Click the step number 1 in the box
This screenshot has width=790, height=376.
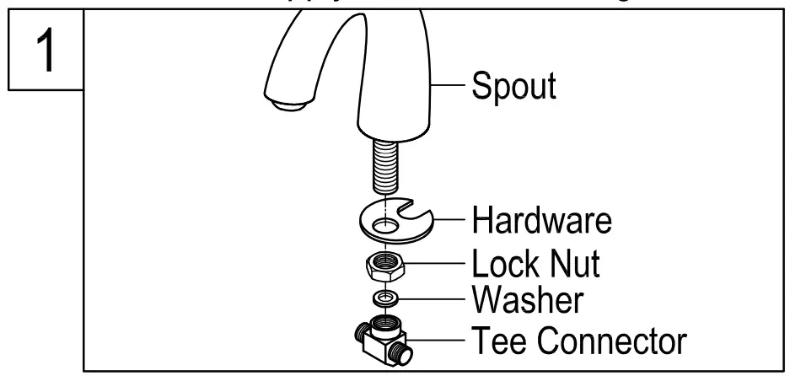pos(43,50)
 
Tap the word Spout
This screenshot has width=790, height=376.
pos(513,86)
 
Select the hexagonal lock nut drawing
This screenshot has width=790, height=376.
pos(387,266)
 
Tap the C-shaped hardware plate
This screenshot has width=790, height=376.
pos(371,225)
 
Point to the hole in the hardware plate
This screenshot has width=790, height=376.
pos(387,226)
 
